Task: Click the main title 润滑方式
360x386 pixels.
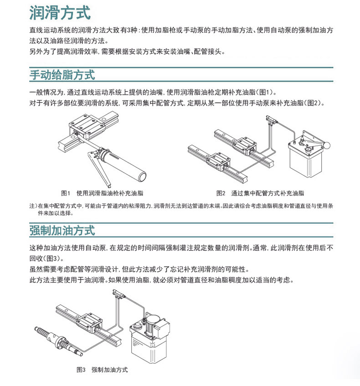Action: (60, 12)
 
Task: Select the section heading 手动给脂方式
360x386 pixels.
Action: (62, 75)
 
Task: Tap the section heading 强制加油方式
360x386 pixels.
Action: (62, 230)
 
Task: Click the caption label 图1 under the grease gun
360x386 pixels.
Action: (66, 193)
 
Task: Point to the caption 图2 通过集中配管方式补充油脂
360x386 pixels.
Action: (260, 193)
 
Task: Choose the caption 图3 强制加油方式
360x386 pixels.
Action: (102, 370)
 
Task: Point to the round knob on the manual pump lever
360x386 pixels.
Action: (327, 145)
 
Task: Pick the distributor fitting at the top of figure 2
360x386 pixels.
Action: (272, 120)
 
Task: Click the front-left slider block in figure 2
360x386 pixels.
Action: (218, 161)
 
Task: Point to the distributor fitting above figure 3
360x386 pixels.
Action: (119, 294)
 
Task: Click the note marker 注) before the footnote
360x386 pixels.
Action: (33, 206)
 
